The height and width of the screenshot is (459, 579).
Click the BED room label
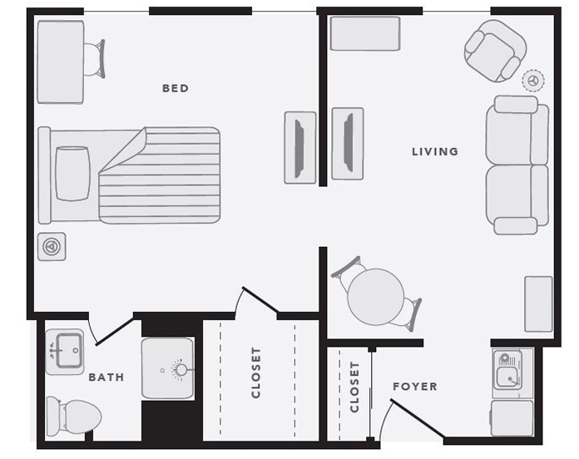[176, 88]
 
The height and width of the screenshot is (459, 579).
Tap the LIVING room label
[435, 151]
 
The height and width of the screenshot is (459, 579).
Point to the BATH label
[106, 377]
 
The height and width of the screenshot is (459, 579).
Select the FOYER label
[415, 387]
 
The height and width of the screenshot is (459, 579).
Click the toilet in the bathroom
[73, 417]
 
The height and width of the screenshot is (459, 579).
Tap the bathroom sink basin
[68, 351]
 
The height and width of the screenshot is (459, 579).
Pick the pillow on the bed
[72, 174]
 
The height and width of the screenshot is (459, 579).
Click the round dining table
[376, 297]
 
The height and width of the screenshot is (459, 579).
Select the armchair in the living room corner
[495, 51]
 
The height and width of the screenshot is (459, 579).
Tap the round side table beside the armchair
[533, 80]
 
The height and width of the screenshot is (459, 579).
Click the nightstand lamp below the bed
[52, 246]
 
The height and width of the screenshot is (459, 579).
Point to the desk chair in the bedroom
[95, 58]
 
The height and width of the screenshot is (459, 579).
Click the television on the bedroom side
[299, 147]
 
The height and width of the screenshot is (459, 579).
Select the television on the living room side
[348, 144]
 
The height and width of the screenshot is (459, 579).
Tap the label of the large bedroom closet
[256, 373]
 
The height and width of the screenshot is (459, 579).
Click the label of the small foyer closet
[354, 387]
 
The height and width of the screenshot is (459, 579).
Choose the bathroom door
[114, 331]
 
